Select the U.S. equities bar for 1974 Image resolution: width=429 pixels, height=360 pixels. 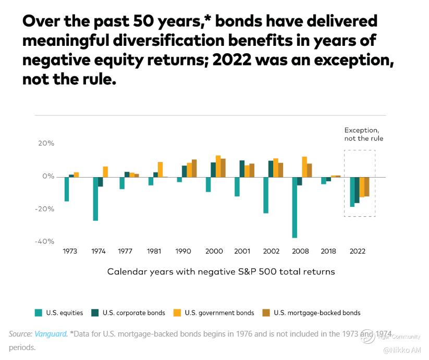(95, 198)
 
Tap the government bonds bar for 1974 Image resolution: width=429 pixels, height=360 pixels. (105, 171)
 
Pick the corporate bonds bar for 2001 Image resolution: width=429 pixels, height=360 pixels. (242, 168)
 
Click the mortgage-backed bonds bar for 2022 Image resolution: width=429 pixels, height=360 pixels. (367, 187)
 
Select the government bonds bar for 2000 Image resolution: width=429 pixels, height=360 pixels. (218, 166)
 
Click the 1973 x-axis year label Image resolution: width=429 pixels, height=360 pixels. (70, 251)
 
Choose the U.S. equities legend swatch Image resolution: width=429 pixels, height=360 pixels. (39, 313)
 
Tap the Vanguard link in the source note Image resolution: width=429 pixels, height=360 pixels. (51, 334)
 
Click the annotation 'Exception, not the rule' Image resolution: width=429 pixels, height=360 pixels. (364, 134)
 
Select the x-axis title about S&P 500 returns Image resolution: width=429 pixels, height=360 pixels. (221, 272)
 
